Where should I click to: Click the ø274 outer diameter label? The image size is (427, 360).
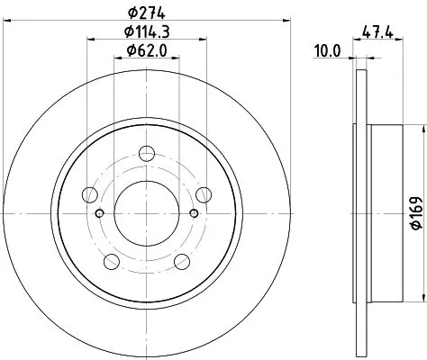pos(149,11)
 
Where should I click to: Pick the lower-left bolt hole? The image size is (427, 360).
pos(112,261)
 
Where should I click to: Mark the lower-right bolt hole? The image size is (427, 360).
pos(182,261)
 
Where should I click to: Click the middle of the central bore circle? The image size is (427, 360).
pos(147,213)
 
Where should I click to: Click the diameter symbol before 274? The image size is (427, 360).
pos(131,11)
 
